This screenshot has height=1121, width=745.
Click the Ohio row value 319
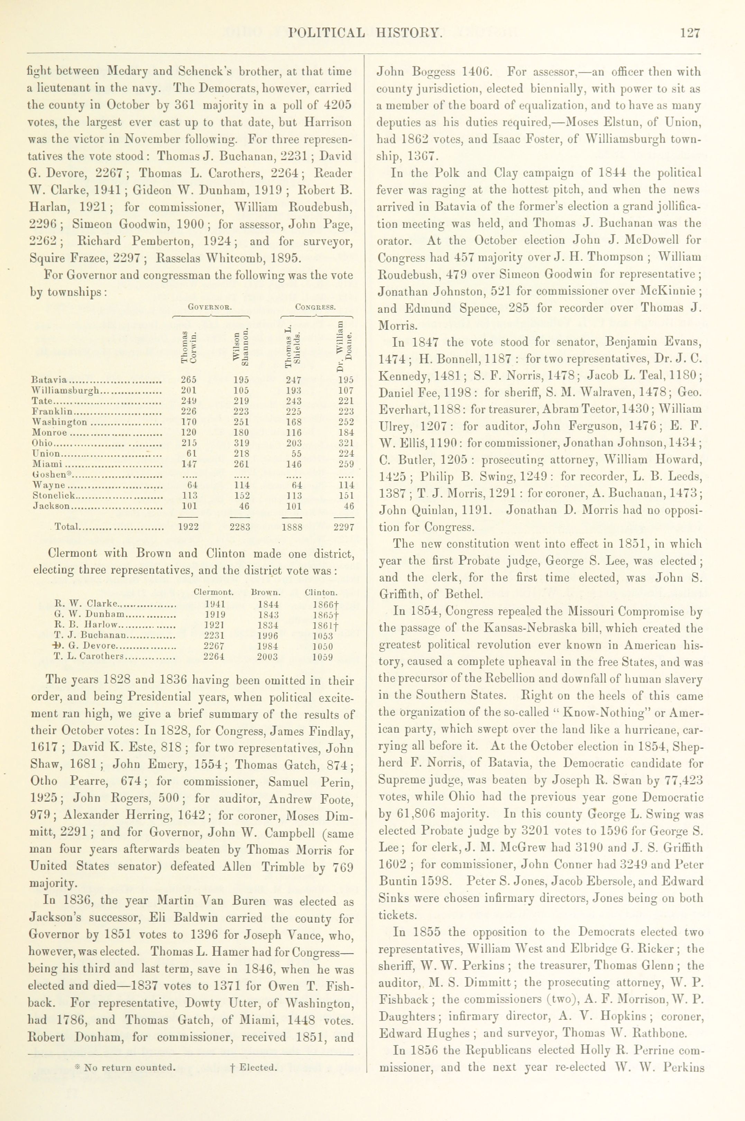pyautogui.click(x=241, y=443)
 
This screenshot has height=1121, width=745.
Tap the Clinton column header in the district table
pyautogui.click(x=321, y=593)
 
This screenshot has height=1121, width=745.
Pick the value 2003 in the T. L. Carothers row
pyautogui.click(x=267, y=657)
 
